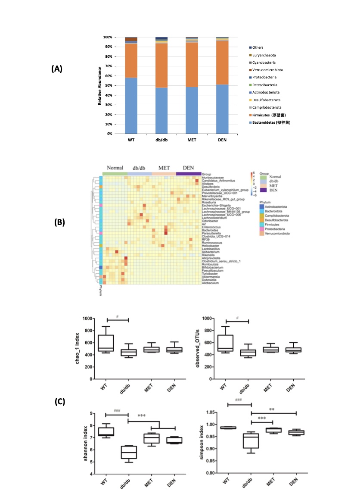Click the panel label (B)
(59, 223)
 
